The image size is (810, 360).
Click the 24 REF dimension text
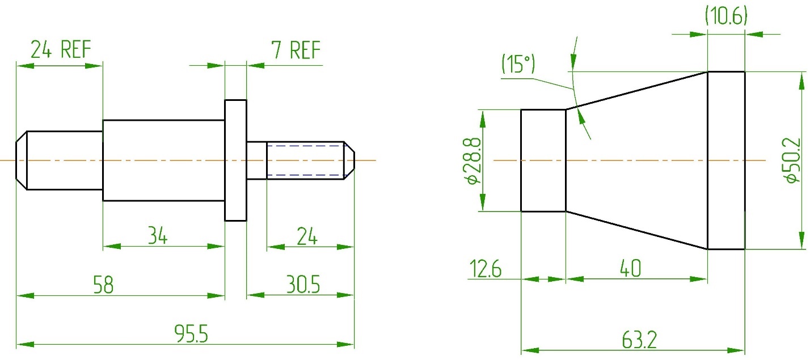click(61, 50)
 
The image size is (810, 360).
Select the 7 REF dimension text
click(296, 50)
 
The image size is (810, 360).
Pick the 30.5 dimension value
click(302, 285)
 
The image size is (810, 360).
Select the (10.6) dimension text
click(726, 16)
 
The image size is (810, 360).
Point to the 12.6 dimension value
click(485, 269)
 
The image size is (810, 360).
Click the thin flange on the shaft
click(236, 160)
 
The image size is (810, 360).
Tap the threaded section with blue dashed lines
click(305, 160)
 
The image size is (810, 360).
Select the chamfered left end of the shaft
click(22, 160)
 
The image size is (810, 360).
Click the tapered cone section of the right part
click(635, 160)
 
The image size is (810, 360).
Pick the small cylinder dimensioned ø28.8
click(543, 160)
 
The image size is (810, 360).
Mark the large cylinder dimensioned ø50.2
click(725, 160)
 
